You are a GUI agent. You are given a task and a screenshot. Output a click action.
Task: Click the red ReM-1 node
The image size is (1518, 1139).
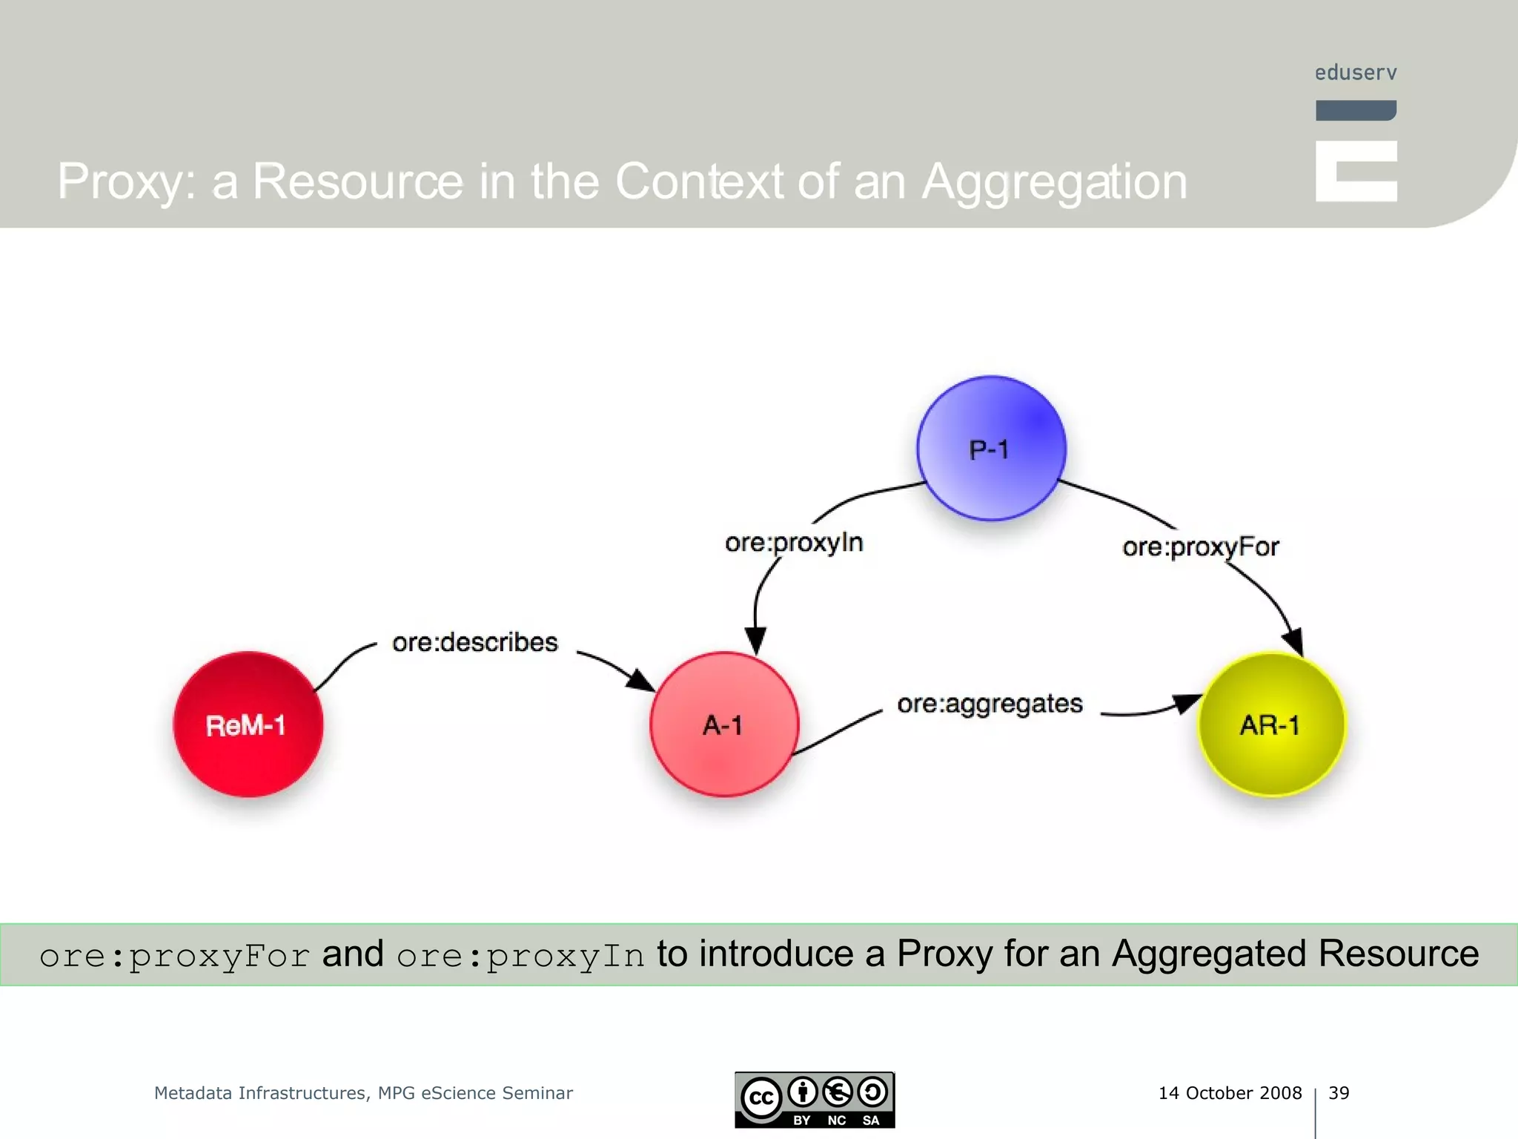[x=248, y=724]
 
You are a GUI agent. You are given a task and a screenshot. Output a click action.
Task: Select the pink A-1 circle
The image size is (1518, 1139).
[x=724, y=724]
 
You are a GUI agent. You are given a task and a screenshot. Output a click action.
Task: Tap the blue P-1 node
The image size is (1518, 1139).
[x=991, y=449]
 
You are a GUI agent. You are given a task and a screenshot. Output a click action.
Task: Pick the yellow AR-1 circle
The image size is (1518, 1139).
[x=1272, y=724]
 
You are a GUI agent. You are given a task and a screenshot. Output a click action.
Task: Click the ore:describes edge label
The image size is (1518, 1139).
[x=474, y=642]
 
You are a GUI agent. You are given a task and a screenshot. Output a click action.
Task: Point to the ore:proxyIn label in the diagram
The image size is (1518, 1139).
[x=794, y=543]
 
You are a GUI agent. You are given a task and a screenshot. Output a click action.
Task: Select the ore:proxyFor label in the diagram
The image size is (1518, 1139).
[x=1200, y=547]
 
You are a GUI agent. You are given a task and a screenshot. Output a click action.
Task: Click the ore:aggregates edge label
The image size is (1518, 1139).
[x=990, y=704]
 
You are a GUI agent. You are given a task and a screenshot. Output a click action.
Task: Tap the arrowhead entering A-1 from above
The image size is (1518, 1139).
[x=755, y=638]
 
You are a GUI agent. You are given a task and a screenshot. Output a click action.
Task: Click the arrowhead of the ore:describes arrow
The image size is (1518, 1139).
[x=640, y=679]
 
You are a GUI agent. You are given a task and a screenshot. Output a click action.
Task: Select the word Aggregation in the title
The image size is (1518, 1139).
[x=1054, y=182]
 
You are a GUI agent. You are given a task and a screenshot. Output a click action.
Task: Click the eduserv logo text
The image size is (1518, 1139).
[x=1355, y=73]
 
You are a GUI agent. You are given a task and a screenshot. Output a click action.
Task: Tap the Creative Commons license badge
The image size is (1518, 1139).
[x=815, y=1100]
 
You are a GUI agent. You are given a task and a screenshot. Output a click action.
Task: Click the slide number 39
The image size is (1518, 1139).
[x=1339, y=1093]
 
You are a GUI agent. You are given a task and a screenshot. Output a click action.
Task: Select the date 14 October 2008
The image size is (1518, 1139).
[x=1230, y=1093]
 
